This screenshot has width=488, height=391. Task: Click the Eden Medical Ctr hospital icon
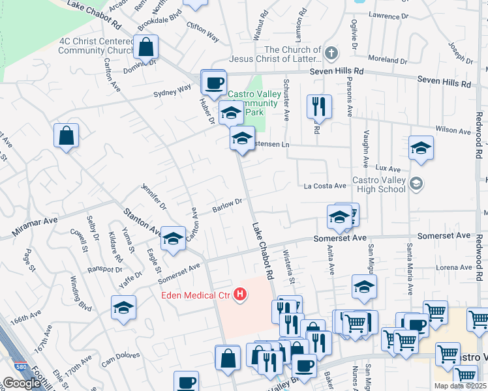pos(241,295)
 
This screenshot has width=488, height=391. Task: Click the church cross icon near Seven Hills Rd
pos(331,53)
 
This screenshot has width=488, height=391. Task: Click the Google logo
pos(22,383)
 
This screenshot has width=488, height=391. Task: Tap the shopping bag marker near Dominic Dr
pos(147,47)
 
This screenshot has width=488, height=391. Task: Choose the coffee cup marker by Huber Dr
pos(213,83)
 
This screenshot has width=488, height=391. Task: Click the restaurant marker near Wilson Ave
pos(319,107)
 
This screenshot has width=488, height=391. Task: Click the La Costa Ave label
pos(325,186)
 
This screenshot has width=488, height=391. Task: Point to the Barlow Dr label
pos(227,205)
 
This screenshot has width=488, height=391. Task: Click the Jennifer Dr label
pos(153,195)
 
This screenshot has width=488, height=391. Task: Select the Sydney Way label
pos(172,90)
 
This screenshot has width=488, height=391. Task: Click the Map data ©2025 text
pos(460,386)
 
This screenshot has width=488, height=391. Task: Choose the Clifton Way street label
pos(202,34)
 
